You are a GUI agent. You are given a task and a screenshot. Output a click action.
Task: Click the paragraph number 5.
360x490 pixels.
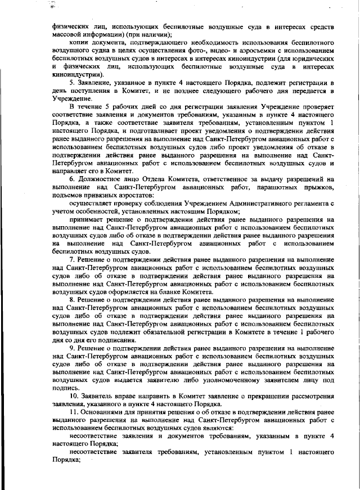pyautogui.click(x=71, y=83)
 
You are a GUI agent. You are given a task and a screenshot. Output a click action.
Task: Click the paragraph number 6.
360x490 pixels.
pyautogui.click(x=71, y=179)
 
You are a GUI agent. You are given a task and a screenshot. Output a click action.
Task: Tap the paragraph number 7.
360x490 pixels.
pyautogui.click(x=71, y=260)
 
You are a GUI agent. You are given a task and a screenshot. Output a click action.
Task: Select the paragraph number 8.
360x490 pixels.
pyautogui.click(x=71, y=301)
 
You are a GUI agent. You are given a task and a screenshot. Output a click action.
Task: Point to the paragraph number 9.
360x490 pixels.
pyautogui.click(x=71, y=348)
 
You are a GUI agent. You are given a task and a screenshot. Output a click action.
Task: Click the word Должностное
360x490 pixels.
pyautogui.click(x=102, y=179)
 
